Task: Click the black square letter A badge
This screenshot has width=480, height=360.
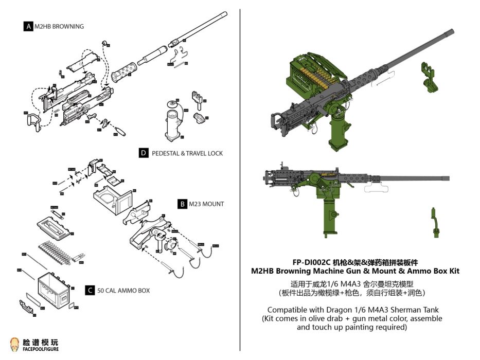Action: pyautogui.click(x=28, y=26)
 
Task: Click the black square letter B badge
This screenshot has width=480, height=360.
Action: pyautogui.click(x=182, y=204)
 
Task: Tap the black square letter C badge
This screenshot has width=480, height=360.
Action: pyautogui.click(x=90, y=291)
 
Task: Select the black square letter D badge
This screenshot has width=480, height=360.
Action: pyautogui.click(x=144, y=153)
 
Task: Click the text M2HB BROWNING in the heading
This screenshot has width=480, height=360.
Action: pyautogui.click(x=59, y=26)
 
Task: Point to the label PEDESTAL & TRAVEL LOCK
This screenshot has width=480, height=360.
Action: pyautogui.click(x=187, y=153)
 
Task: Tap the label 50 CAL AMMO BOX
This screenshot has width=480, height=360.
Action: pyautogui.click(x=123, y=291)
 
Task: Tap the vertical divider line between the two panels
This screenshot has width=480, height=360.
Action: pyautogui.click(x=240, y=180)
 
